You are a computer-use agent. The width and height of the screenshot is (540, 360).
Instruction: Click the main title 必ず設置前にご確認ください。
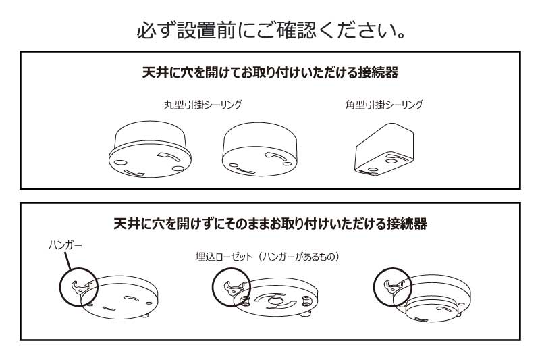pos(270,31)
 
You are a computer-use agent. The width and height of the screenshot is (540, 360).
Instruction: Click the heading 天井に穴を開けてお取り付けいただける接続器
pos(270,72)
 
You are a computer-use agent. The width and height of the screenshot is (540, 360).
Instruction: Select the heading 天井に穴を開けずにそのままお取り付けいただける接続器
pos(270,224)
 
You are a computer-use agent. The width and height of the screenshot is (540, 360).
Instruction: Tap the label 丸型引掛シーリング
pos(202,105)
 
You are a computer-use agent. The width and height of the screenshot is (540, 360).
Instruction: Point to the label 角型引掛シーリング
pos(383,105)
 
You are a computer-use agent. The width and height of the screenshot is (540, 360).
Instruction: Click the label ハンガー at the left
pos(65,245)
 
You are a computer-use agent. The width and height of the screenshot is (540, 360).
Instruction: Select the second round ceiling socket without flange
pos(261,151)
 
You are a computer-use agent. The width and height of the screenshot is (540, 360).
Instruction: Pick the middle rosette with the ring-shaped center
pos(277,303)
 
